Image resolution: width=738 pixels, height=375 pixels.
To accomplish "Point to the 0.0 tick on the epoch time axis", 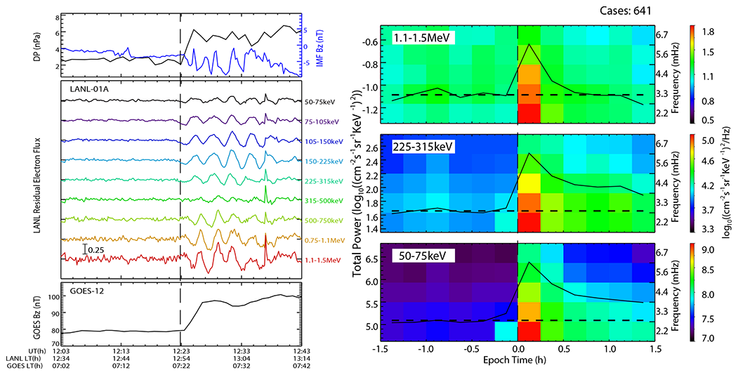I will [518, 348].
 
